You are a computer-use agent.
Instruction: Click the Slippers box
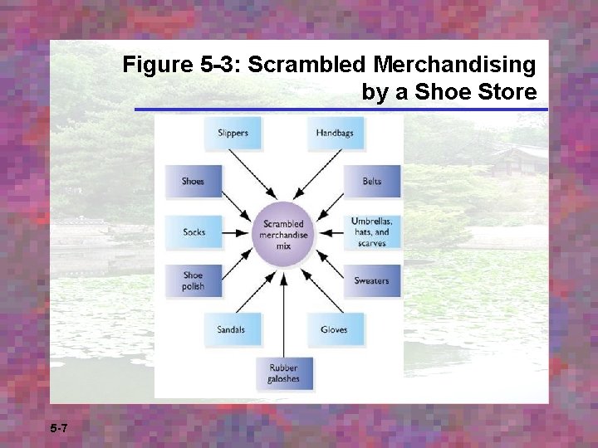click(233, 134)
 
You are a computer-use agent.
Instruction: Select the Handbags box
click(336, 134)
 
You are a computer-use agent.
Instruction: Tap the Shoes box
click(193, 182)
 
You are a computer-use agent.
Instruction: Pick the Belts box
click(372, 182)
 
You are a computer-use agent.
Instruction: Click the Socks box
click(194, 232)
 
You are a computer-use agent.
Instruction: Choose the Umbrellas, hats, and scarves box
click(371, 232)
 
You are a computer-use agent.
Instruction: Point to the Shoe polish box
click(193, 281)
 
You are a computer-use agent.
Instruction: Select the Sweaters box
click(371, 281)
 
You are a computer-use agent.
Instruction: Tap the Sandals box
click(232, 330)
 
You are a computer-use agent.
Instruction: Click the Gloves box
click(335, 330)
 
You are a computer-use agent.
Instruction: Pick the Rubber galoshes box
click(283, 374)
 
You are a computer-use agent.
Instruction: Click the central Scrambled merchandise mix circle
click(284, 230)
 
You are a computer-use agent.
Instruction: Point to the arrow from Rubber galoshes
click(284, 311)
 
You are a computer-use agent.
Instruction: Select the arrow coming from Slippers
click(254, 178)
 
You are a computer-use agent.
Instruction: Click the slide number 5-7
click(59, 428)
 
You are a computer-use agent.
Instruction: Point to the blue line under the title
click(341, 110)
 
